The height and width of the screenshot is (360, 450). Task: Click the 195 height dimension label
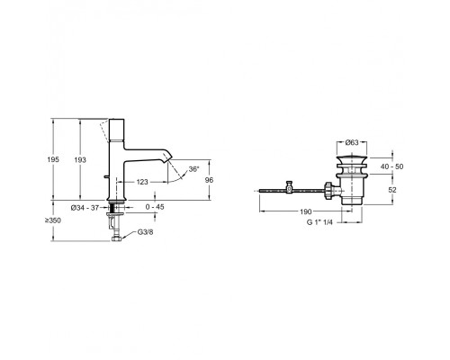[x=53, y=159]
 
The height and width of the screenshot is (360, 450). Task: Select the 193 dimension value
[x=80, y=160]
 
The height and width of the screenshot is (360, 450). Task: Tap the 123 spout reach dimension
[x=142, y=182]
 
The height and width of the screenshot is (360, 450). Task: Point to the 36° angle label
[x=193, y=169]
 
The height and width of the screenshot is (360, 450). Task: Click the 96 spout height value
[x=209, y=180]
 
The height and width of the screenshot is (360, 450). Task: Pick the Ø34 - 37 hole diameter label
[x=85, y=208]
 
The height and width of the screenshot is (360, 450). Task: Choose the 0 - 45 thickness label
[x=155, y=207]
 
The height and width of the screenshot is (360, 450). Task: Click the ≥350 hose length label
[x=53, y=220]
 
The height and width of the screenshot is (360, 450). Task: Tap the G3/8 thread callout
[x=145, y=232]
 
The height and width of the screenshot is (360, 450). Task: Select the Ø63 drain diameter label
[x=352, y=142]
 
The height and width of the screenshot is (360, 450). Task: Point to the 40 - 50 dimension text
[x=391, y=166]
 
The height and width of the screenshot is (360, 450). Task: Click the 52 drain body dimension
[x=392, y=190]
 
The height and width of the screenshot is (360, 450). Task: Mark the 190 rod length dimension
[x=306, y=211]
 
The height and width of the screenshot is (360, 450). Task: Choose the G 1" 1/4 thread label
[x=319, y=222]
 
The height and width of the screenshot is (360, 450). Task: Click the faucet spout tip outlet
[x=168, y=159]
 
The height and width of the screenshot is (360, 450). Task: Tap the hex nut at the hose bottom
[x=116, y=239]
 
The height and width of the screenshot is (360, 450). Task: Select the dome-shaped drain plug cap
[x=352, y=158]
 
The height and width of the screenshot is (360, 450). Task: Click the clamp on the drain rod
[x=289, y=187]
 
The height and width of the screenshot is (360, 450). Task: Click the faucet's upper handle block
[x=116, y=130]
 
